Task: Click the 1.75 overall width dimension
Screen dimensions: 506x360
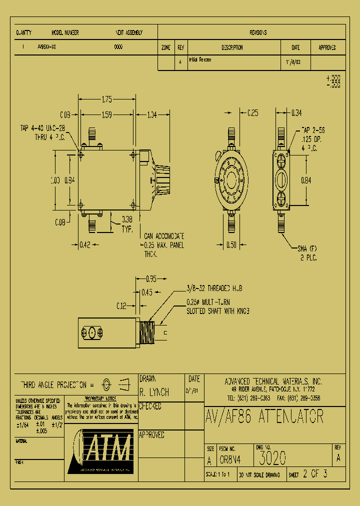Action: pos(106,98)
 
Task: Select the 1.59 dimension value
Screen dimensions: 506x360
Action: pos(106,115)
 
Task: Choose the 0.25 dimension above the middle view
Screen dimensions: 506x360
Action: pos(253,113)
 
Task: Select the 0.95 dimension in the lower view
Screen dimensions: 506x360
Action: pos(151,278)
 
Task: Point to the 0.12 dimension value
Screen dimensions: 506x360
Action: pos(121,305)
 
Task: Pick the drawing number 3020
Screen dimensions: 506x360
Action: pos(272,457)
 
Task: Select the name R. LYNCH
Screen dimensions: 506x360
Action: pos(154,392)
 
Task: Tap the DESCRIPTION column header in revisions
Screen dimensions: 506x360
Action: pos(231,48)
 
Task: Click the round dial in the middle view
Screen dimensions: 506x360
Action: pos(231,179)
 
